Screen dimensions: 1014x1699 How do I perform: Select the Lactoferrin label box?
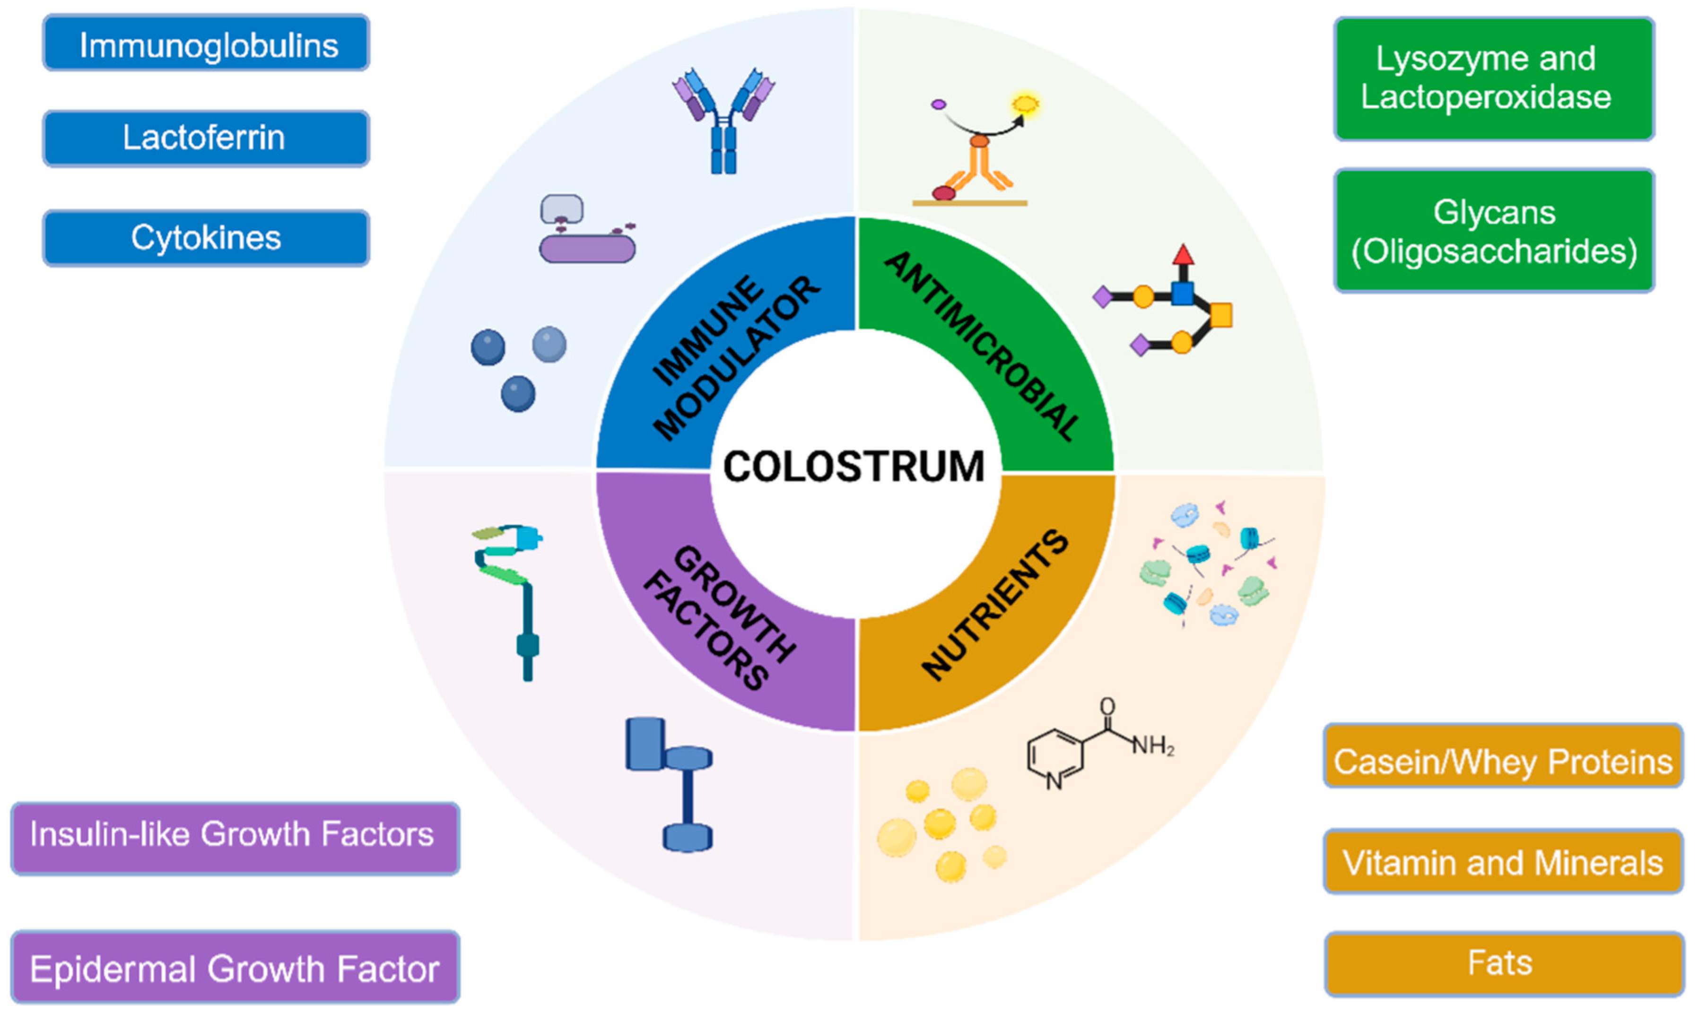point(206,139)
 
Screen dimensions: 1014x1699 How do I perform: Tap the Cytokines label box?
point(206,238)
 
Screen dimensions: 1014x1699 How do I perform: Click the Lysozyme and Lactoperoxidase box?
point(1494,78)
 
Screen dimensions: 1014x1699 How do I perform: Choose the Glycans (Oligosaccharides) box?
point(1494,231)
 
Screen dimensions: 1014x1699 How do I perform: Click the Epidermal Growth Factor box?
point(235,968)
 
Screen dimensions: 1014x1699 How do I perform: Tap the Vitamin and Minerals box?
point(1502,862)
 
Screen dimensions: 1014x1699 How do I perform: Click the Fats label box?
point(1502,963)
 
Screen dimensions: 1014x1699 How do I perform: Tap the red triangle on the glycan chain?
point(1183,255)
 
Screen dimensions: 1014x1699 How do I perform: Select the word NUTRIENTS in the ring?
point(994,605)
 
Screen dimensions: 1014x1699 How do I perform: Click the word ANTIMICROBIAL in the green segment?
point(982,345)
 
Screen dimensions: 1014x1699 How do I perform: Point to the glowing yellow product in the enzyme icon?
point(1025,104)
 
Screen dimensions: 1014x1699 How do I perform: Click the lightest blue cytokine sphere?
point(549,344)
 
